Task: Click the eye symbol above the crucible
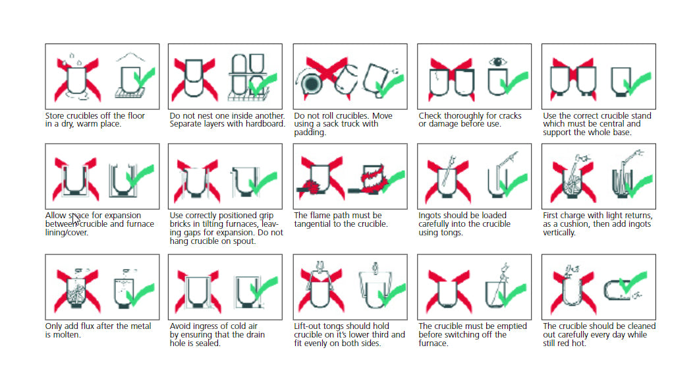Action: [x=498, y=62]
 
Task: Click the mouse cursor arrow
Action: [x=76, y=220]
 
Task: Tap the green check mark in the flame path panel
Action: [x=391, y=181]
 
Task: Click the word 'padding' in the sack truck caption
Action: [x=310, y=133]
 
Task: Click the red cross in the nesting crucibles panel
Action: [x=194, y=80]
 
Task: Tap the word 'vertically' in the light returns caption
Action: [x=559, y=233]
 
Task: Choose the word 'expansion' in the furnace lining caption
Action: [x=123, y=216]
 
